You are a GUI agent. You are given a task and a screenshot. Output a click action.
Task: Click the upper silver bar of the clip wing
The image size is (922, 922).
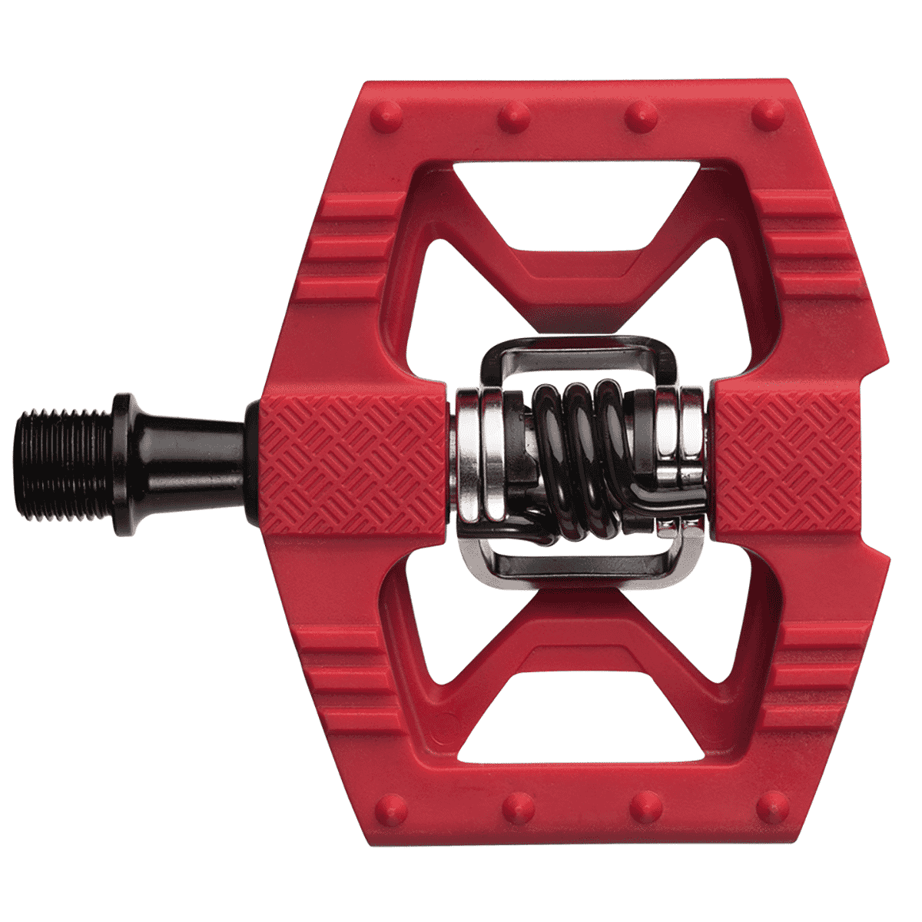pyautogui.click(x=569, y=350)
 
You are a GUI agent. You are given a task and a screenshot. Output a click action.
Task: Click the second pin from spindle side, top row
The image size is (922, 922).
pyautogui.click(x=513, y=117)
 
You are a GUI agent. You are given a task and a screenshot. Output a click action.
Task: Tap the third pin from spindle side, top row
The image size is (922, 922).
pyautogui.click(x=639, y=117)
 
